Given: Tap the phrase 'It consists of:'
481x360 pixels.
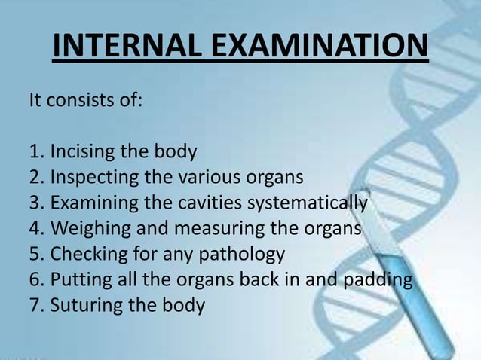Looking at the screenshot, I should (84, 100).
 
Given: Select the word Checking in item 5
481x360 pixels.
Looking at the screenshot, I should (85, 255).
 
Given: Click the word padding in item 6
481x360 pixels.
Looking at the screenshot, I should (386, 280).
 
